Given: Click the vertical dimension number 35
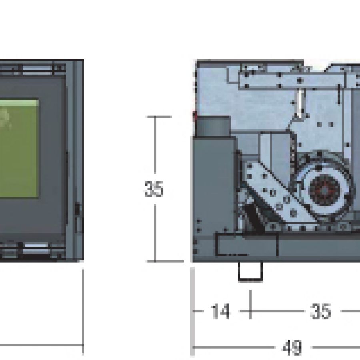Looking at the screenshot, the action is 154,189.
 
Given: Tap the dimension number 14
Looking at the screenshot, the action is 220,311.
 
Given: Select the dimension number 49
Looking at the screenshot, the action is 292,347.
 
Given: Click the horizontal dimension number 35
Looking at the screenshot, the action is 320,311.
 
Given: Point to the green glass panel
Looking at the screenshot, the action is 19,148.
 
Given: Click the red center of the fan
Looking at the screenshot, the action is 324,190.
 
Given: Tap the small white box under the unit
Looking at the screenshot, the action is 250,272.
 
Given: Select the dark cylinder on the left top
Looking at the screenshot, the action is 213,126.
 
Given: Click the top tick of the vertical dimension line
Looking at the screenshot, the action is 159,117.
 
